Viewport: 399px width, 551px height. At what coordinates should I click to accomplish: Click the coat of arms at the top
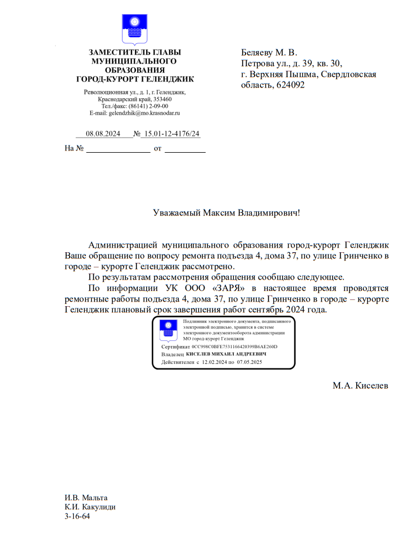pyautogui.click(x=135, y=30)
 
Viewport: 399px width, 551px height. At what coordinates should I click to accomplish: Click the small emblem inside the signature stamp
pyautogui.click(x=167, y=331)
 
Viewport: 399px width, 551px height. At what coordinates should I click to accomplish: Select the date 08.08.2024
pyautogui.click(x=103, y=134)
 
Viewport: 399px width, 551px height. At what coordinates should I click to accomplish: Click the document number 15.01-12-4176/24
pyautogui.click(x=171, y=134)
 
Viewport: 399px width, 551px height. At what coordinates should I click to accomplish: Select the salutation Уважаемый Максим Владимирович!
pyautogui.click(x=226, y=213)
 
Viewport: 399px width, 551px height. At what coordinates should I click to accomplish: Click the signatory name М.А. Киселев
pyautogui.click(x=360, y=386)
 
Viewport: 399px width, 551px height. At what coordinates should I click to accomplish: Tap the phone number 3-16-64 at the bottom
pyautogui.click(x=78, y=517)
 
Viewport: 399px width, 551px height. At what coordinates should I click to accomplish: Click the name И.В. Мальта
pyautogui.click(x=86, y=498)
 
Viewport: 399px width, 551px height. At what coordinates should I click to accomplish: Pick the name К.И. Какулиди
pyautogui.click(x=90, y=507)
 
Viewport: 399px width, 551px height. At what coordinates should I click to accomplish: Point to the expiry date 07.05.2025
pyautogui.click(x=250, y=363)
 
